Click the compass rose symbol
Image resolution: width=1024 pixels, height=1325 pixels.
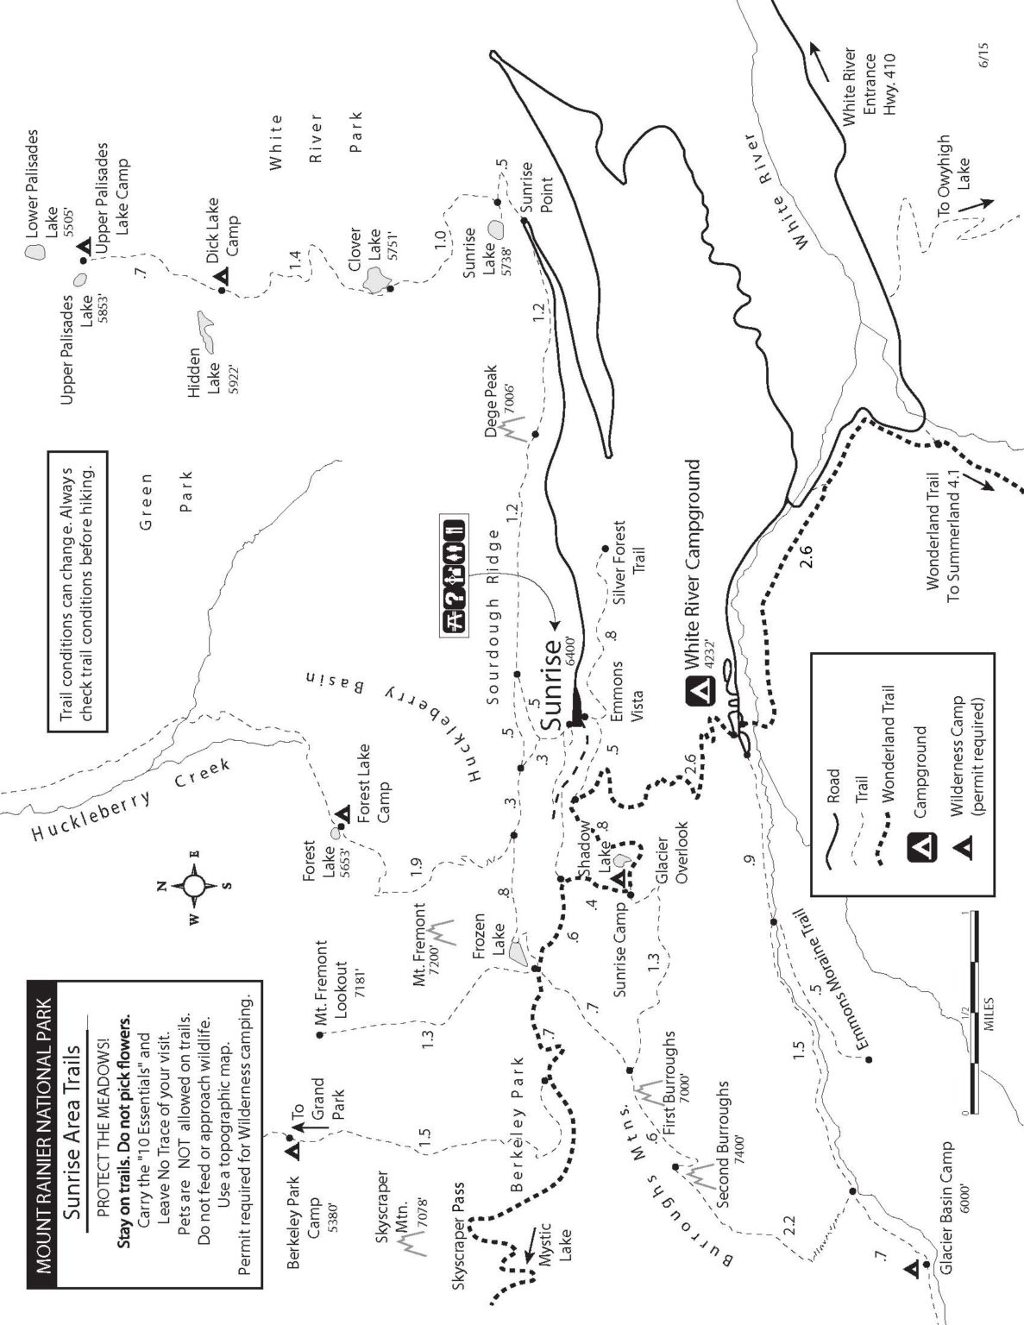coord(193,885)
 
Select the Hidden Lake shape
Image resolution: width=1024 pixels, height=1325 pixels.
coord(205,326)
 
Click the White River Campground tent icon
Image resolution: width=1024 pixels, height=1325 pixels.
coord(699,692)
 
